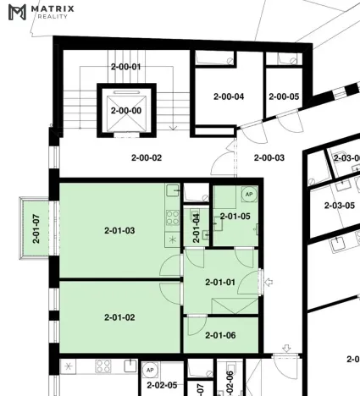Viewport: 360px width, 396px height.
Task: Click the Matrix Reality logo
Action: [42, 12]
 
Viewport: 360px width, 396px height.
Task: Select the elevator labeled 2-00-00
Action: [125, 110]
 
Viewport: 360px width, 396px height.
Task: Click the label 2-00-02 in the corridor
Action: [147, 157]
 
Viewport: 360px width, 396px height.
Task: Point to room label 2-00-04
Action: [228, 96]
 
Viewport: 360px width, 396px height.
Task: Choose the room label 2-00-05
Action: [284, 96]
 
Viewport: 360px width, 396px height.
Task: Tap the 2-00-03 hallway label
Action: [269, 157]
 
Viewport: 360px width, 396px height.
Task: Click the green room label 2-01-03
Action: [119, 230]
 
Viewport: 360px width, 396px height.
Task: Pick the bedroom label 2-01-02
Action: [119, 317]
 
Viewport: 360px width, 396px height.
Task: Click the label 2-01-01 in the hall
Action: [220, 282]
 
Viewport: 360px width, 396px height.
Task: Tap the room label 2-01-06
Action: [220, 334]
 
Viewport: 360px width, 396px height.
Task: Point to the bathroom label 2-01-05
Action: [235, 217]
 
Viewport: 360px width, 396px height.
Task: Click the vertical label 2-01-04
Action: [197, 228]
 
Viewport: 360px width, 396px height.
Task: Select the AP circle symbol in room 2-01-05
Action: [249, 195]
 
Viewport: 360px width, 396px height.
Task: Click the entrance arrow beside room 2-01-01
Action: [268, 282]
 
